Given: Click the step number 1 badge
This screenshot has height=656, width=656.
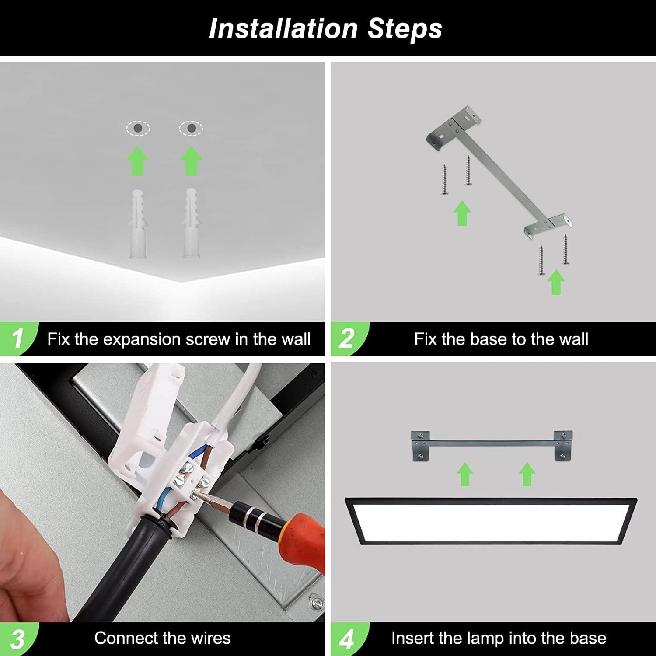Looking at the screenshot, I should click(17, 339).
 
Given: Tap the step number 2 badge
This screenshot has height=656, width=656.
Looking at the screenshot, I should click(347, 339).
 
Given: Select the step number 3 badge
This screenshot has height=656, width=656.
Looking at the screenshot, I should click(17, 639).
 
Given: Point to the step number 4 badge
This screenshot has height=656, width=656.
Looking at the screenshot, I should click(347, 639).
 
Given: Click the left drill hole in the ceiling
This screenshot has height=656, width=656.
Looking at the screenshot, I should click(138, 129).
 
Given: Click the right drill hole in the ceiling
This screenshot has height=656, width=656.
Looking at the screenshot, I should click(191, 128).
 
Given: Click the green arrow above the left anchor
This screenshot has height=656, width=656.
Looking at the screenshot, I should click(138, 162).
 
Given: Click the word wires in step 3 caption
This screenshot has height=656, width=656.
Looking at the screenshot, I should click(210, 639).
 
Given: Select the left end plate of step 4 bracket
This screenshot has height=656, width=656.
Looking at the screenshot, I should click(420, 446).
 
